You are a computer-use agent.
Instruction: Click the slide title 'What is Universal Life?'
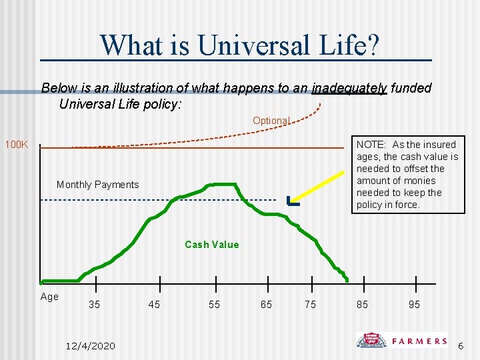click(x=240, y=45)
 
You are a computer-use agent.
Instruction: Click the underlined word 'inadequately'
click(x=349, y=88)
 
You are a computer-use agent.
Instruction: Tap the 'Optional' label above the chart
click(x=271, y=121)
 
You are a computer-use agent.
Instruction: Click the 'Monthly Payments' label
click(x=98, y=185)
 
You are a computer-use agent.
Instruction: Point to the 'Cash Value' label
click(x=211, y=245)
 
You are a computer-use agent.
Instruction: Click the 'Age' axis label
click(x=49, y=297)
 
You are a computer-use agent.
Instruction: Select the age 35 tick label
click(x=95, y=305)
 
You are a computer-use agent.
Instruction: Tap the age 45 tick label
click(x=154, y=305)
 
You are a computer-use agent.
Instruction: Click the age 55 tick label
click(x=214, y=305)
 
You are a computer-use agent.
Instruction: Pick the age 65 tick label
click(x=266, y=305)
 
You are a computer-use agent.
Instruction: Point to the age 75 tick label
click(x=310, y=305)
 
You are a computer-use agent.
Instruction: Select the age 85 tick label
click(x=362, y=305)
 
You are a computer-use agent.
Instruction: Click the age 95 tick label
click(x=414, y=305)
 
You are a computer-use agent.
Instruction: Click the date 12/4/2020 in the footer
click(x=91, y=345)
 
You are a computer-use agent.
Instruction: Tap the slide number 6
click(x=460, y=345)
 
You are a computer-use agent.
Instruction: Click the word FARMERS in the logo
click(x=419, y=341)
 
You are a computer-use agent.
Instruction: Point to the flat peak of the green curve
click(x=222, y=184)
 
